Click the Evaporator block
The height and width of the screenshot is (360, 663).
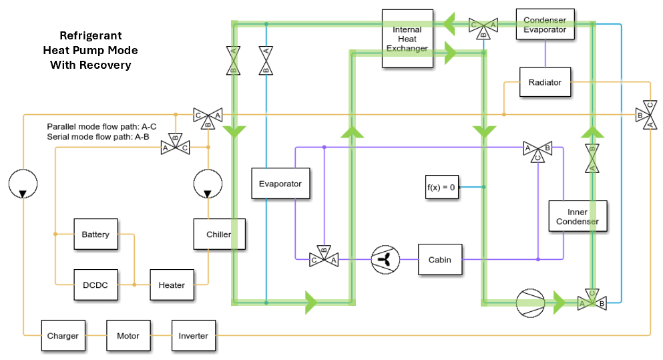(280, 184)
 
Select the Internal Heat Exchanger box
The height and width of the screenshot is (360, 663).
(407, 39)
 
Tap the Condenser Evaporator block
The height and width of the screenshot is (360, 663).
(545, 25)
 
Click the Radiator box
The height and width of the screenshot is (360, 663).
(545, 82)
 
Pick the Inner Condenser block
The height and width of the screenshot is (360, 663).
(578, 216)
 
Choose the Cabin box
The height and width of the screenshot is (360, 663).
(440, 259)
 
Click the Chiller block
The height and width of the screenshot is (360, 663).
(218, 234)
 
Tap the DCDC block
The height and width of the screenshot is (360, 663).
(95, 285)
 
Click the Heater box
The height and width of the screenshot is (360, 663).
(172, 285)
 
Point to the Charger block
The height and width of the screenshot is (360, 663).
(63, 336)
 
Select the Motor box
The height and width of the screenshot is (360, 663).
(128, 336)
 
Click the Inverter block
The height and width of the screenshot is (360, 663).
(194, 336)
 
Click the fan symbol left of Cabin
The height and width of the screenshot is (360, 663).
(385, 259)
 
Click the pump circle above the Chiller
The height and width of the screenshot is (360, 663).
(208, 184)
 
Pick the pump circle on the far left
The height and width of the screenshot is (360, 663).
(23, 184)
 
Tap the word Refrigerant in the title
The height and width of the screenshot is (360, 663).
(91, 35)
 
